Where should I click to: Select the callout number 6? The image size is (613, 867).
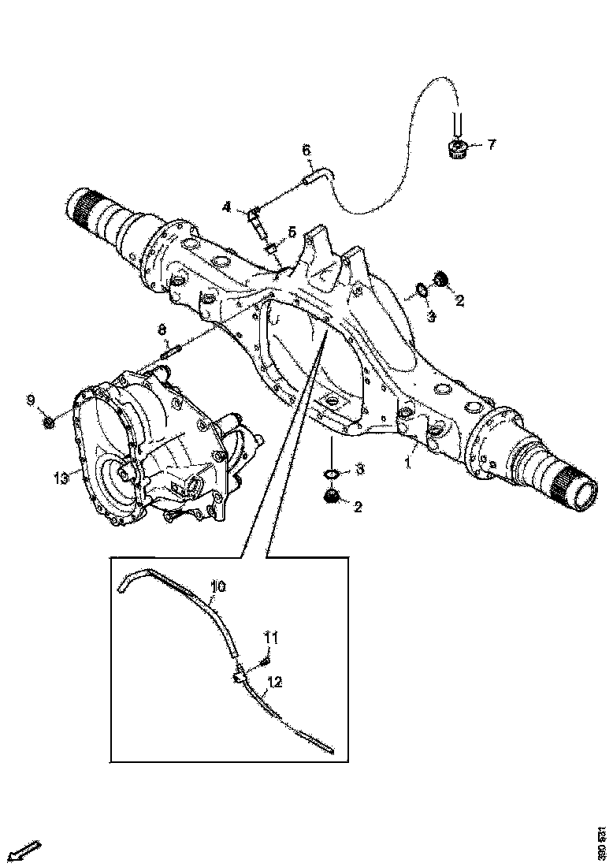click(x=306, y=150)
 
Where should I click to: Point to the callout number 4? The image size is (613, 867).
click(x=226, y=207)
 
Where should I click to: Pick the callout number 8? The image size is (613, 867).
click(x=162, y=329)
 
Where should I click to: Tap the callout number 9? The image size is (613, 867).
click(x=31, y=401)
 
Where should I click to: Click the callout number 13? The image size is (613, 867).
click(x=56, y=476)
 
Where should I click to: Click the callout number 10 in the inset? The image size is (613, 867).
click(x=218, y=586)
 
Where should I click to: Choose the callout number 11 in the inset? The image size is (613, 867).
click(x=270, y=636)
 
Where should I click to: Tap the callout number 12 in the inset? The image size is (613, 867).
click(x=275, y=681)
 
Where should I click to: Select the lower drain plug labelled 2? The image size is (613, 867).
click(x=332, y=497)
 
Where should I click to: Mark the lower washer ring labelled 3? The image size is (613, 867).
click(x=332, y=473)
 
